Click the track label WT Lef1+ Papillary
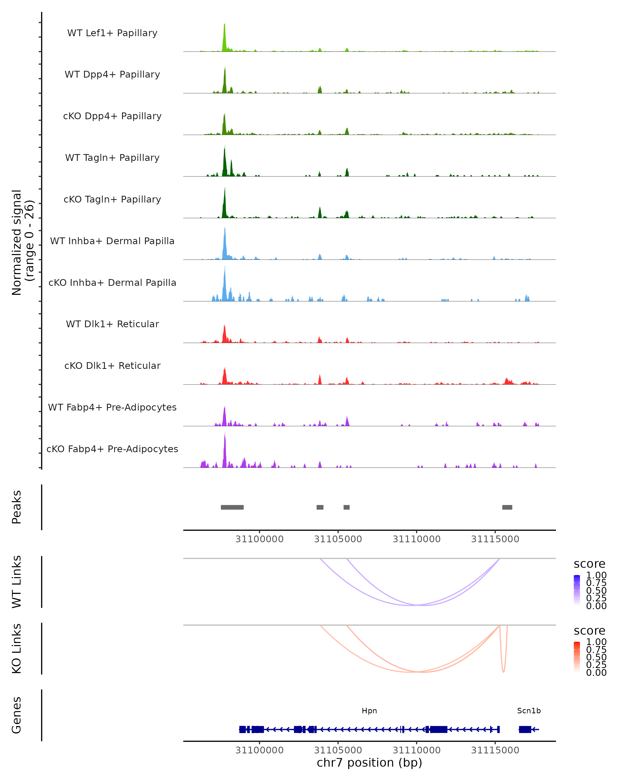click(x=112, y=33)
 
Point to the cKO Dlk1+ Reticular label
click(x=112, y=366)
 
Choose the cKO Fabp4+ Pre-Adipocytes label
click(x=112, y=449)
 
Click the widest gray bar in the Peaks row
click(x=232, y=507)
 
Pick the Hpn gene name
click(x=369, y=711)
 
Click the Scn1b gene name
click(x=529, y=711)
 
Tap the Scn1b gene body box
click(x=525, y=729)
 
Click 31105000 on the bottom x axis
click(x=338, y=750)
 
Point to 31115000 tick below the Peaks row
click(x=495, y=539)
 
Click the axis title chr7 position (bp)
click(x=369, y=763)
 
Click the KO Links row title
click(x=17, y=648)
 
